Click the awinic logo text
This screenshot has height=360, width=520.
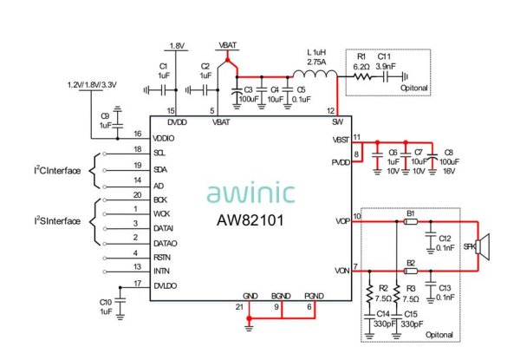[250, 193]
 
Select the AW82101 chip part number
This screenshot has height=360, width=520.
[251, 220]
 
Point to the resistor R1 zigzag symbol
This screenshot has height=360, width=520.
[362, 76]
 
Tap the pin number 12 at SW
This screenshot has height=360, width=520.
[330, 111]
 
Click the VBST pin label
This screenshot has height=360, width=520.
[341, 140]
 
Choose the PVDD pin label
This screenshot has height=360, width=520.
[341, 162]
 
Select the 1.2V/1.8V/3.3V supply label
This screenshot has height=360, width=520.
[94, 85]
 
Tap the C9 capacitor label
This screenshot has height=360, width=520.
[105, 115]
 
